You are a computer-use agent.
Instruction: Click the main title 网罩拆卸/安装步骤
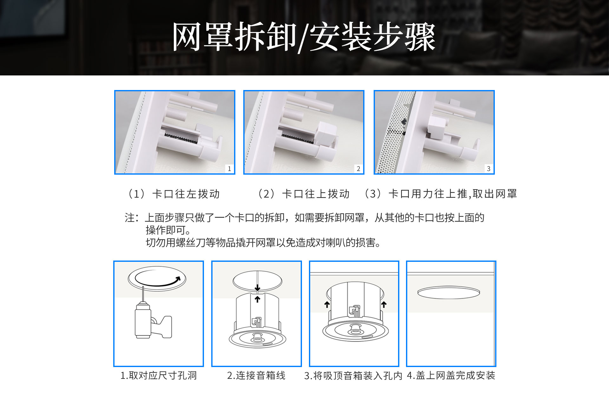(304, 37)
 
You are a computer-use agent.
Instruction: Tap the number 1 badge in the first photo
(229, 169)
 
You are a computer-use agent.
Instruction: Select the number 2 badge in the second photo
(358, 169)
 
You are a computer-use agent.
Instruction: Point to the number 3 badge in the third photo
(488, 169)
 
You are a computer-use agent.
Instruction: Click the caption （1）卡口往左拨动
(173, 194)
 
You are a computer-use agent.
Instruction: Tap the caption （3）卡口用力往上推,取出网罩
(440, 194)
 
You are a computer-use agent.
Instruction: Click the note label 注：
(132, 218)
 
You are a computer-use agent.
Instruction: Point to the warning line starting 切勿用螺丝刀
(263, 243)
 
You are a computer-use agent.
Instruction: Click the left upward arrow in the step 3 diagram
(327, 305)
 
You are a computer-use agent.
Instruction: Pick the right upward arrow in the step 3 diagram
(384, 305)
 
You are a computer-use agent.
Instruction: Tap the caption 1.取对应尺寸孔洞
(159, 376)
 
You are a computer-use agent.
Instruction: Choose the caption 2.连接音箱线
(256, 376)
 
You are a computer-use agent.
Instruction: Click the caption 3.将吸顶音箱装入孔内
(353, 376)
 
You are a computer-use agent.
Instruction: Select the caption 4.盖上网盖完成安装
(451, 376)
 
